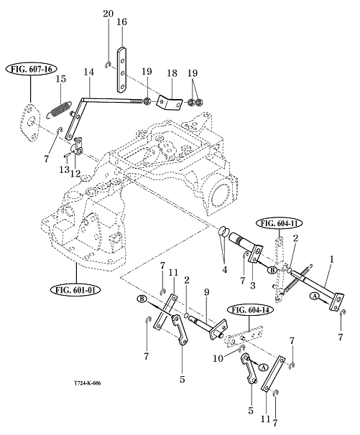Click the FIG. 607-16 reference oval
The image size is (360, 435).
coord(31,69)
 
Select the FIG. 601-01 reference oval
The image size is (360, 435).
coord(75,290)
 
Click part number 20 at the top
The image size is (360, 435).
coord(108,14)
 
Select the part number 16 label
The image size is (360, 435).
coord(121,22)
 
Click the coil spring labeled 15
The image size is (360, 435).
coord(58,110)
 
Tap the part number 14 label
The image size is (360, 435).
coord(89,72)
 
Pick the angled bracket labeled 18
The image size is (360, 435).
coord(170,102)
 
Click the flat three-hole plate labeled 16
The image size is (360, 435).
coord(121,70)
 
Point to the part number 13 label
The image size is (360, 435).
coord(64,169)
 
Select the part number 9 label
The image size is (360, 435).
coord(206,292)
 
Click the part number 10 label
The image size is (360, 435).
coord(218,358)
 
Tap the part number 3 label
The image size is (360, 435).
coord(252,286)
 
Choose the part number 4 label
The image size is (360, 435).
coord(224,269)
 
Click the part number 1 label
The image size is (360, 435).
coord(331,259)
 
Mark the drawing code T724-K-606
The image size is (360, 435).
coord(88,383)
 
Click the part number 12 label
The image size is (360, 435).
coord(75,174)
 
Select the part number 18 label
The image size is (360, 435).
coord(172,73)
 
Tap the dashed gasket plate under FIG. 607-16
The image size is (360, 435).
coord(30,122)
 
